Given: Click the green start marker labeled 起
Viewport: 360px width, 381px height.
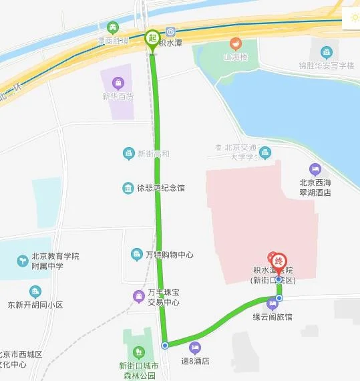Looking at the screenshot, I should click(152, 37).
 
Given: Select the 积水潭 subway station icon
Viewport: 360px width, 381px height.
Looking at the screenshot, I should click(172, 31).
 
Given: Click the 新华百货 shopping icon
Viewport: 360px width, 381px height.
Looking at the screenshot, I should click(118, 83).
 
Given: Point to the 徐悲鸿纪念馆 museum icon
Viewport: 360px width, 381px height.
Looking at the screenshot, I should click(128, 188).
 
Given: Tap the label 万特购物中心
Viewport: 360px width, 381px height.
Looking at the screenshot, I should click(169, 255).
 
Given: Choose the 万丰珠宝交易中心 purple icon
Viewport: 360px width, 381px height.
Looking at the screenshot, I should click(138, 295).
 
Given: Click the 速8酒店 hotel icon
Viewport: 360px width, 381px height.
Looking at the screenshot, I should click(194, 347).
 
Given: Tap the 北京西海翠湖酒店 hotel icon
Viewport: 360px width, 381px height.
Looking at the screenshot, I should click(315, 169).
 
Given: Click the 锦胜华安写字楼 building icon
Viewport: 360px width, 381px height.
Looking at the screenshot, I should click(326, 52).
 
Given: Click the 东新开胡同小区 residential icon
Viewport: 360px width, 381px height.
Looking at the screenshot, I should click(35, 291).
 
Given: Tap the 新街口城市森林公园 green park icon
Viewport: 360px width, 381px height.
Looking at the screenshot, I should click(139, 352).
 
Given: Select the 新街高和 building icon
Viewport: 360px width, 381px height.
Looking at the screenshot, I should click(129, 154).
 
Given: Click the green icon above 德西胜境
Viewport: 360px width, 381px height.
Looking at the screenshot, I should click(113, 27).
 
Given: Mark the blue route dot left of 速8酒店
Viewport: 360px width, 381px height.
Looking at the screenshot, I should click(165, 346).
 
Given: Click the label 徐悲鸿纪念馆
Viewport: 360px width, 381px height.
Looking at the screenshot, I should click(161, 188).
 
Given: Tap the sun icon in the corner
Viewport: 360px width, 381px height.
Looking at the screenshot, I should click(351, 17).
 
